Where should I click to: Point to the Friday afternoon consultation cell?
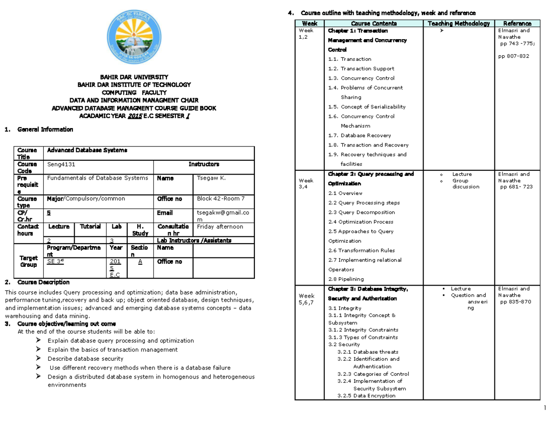coord(220,227)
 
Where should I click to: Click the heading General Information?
coord(45,129)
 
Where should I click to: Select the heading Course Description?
coord(43,282)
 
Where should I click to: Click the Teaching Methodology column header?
coord(458,23)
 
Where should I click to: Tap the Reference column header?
coord(517,23)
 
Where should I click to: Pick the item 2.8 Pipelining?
coord(346,279)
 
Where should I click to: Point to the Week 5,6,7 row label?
coord(307,299)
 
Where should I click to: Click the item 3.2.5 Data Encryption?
coord(366,396)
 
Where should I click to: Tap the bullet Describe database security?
coord(85,358)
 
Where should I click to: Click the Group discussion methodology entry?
coord(465,184)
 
